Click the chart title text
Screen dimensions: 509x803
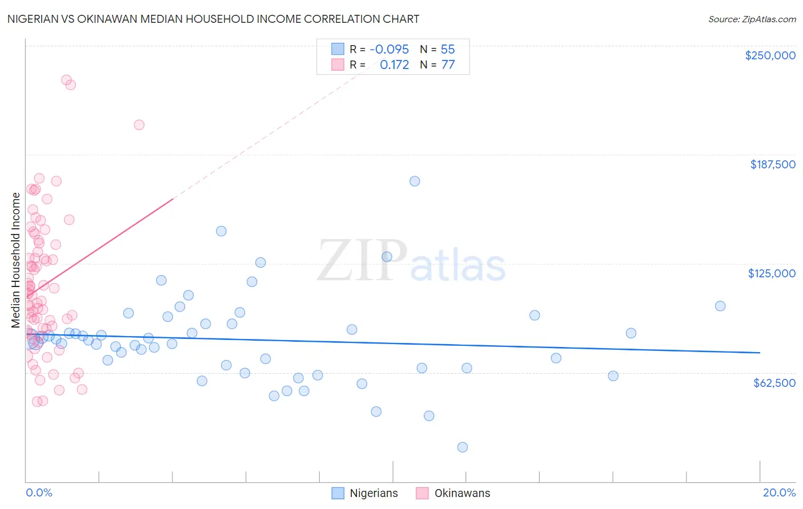pos(213,19)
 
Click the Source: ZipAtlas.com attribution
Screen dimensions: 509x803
pos(752,19)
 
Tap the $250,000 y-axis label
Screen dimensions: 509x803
pos(770,55)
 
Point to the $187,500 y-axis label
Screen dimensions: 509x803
pos(772,164)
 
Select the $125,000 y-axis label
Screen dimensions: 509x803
pos(772,273)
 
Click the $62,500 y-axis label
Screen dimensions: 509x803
pos(774,383)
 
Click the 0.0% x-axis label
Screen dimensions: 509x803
pos(39,492)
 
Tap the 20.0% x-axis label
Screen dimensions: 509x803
pos(779,492)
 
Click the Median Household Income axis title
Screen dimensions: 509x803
pos(16,260)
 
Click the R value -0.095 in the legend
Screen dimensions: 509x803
pos(389,50)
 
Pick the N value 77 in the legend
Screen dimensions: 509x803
pos(448,65)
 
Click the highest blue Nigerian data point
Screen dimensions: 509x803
pos(415,181)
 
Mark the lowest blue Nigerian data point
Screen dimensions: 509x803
pos(463,447)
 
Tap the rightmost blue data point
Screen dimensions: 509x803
pos(720,306)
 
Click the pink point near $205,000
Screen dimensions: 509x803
pos(139,125)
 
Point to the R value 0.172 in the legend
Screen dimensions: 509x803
pos(394,65)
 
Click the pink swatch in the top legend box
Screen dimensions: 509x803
pos(338,65)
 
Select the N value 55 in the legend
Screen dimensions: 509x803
pos(448,50)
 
